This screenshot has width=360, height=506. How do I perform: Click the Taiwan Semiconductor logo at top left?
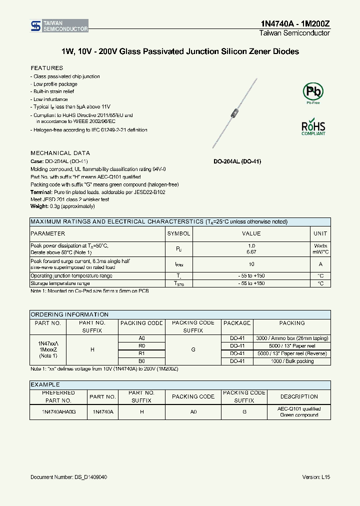coord(59,26)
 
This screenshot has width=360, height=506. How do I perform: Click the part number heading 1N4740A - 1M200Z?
coord(295,23)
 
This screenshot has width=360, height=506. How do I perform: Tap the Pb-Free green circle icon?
coord(313,92)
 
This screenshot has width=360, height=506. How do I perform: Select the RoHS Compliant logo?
coord(313,127)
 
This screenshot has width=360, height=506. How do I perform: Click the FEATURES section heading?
coord(47,67)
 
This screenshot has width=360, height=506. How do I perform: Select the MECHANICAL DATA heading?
coord(60,153)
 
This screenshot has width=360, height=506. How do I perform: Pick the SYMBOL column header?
coord(178,233)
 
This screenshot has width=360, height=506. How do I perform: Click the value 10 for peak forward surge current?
coord(251,264)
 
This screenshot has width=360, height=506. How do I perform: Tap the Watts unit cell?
coord(320,246)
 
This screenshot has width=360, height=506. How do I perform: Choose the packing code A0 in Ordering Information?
coord(141,338)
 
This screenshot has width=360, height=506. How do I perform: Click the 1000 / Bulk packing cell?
coord(292,361)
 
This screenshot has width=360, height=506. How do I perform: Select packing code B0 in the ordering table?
coord(141,361)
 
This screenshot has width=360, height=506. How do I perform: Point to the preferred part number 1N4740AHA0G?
coord(58,411)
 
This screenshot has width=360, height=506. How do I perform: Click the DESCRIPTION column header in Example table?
coord(299,396)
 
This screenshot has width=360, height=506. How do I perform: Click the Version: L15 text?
coord(316,477)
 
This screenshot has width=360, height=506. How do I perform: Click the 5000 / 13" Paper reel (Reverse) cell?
coord(292,353)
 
